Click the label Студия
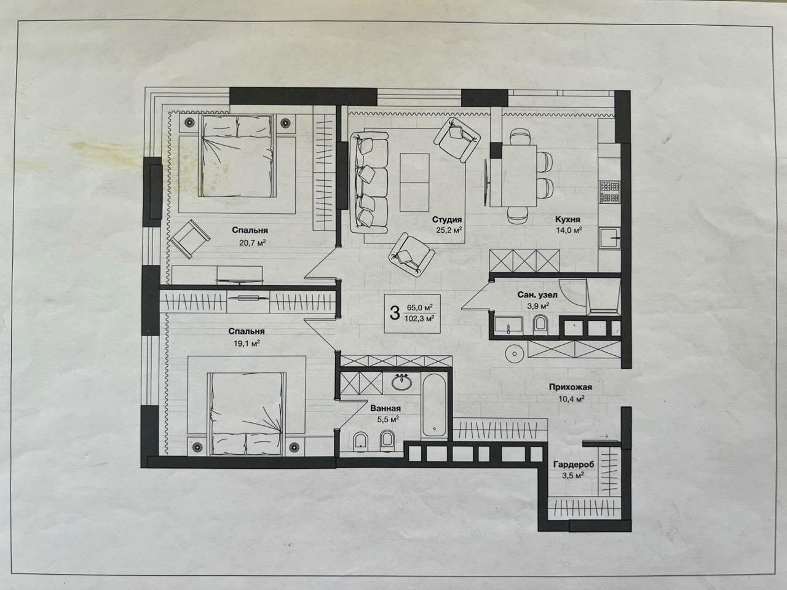click(x=447, y=219)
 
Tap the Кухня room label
click(x=568, y=219)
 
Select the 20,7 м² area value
click(x=253, y=243)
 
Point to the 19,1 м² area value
click(x=247, y=343)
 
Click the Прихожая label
click(x=571, y=387)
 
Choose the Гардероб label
click(x=574, y=465)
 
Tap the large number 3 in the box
click(x=394, y=313)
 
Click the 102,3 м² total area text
click(x=419, y=319)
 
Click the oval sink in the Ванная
click(x=401, y=383)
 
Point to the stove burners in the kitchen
click(x=610, y=192)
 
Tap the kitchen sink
click(x=611, y=238)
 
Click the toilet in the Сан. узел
click(x=539, y=324)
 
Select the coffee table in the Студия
click(x=414, y=183)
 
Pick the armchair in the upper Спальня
click(x=190, y=238)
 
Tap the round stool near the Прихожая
click(x=515, y=353)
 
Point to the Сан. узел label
click(x=537, y=295)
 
